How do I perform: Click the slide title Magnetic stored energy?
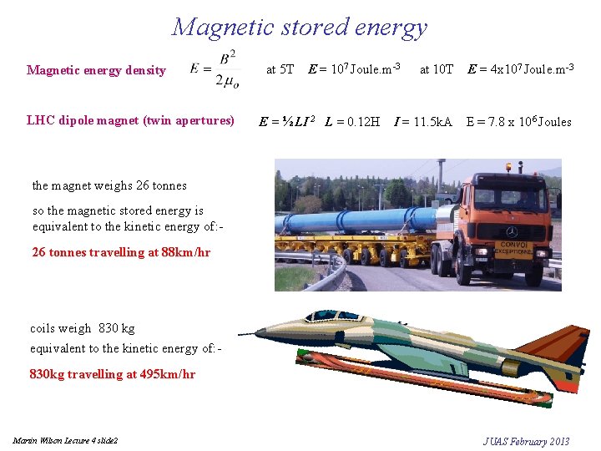300,27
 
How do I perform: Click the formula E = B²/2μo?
214,69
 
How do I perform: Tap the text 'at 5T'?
280,69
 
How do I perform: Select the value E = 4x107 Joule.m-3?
521,68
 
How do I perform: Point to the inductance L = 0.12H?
352,121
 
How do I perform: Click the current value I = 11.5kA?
422,121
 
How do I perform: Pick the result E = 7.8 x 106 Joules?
518,122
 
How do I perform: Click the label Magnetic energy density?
96,70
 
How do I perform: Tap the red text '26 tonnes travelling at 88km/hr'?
121,251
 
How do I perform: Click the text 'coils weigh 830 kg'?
82,329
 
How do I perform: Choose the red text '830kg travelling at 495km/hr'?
113,374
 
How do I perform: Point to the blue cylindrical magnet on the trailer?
359,220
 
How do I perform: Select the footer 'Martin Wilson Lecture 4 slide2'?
65,440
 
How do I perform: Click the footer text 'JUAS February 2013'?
526,441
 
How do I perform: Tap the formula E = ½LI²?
286,121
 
